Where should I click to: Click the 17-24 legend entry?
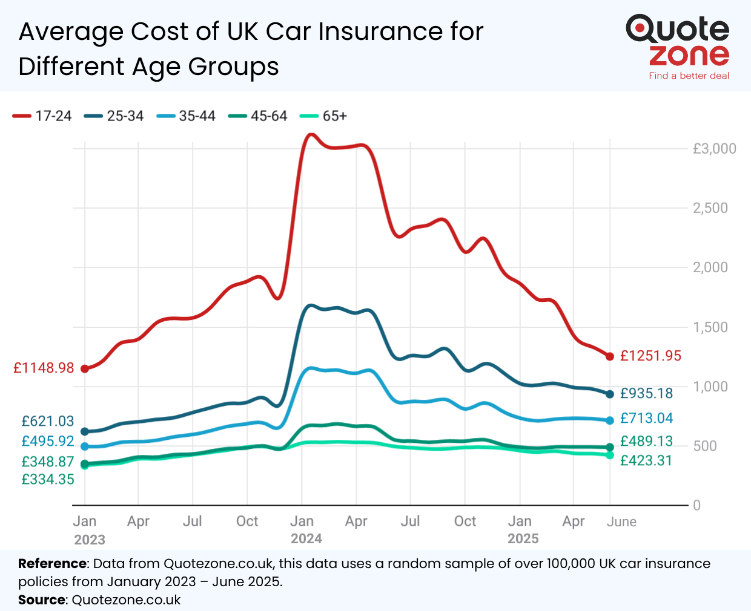pos(42,116)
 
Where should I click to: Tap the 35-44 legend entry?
pos(186,116)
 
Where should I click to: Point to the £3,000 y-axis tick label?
pos(714,149)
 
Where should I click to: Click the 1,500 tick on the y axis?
pos(710,327)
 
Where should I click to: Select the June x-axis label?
pos(621,522)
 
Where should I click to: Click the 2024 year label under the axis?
pos(306,539)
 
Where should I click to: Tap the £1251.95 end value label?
pos(650,356)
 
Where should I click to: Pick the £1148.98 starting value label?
pos(44,368)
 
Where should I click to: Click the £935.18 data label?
pos(646,393)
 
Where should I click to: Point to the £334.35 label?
pos(48,480)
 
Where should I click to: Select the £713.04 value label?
pos(646,418)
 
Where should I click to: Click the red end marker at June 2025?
pos(610,356)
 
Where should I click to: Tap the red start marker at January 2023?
pos(85,368)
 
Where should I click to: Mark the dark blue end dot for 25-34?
pos(610,394)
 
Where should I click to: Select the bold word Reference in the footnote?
pos(53,564)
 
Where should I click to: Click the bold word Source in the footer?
pos(42,600)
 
